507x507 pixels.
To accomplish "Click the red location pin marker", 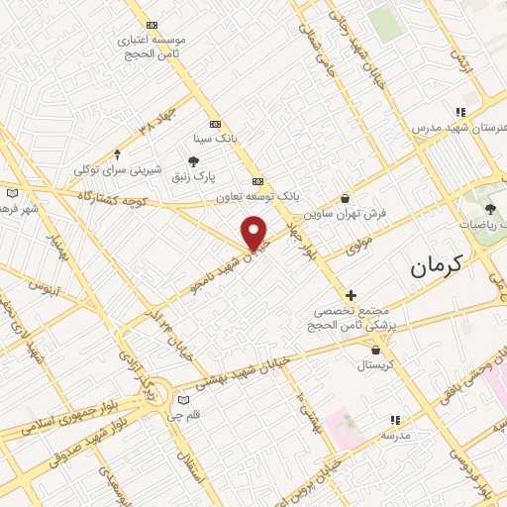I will (x=255, y=232).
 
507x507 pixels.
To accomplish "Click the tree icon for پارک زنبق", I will (x=194, y=161).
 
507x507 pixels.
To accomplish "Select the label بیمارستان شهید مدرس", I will (x=459, y=129).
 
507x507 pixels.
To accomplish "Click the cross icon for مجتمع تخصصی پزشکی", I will (x=351, y=295).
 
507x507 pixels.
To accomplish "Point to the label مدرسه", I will (x=396, y=435).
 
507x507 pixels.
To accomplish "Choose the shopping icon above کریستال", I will (x=375, y=350).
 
